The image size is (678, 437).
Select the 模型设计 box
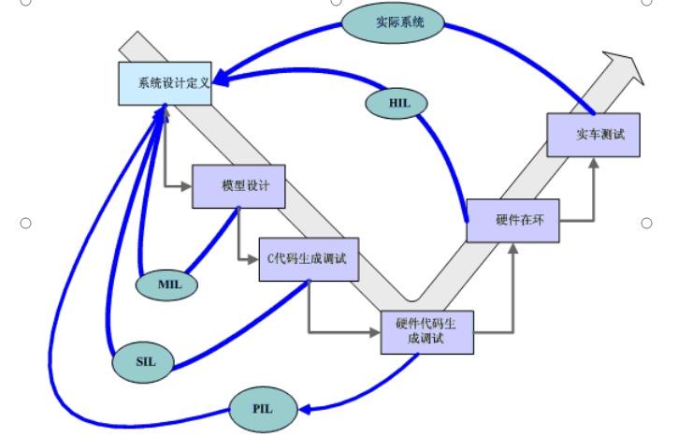pyautogui.click(x=238, y=186)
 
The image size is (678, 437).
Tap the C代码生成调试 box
pyautogui.click(x=308, y=260)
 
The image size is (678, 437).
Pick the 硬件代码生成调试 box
pyautogui.click(x=427, y=330)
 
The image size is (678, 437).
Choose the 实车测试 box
pyautogui.click(x=593, y=135)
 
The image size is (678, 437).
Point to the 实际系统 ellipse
pyautogui.click(x=393, y=22)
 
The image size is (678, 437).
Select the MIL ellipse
pyautogui.click(x=167, y=284)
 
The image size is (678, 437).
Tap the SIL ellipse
pyautogui.click(x=143, y=361)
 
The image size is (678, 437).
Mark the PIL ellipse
pyautogui.click(x=264, y=409)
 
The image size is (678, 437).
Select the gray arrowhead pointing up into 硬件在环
pyautogui.click(x=512, y=248)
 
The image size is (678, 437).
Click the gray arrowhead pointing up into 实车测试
pyautogui.click(x=593, y=163)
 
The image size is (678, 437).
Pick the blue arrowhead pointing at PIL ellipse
pyautogui.click(x=304, y=408)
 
